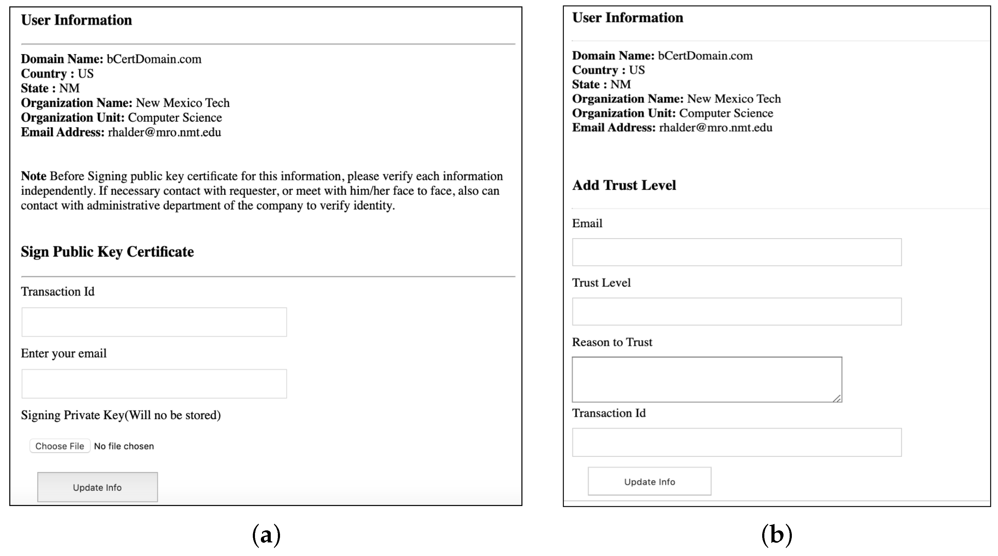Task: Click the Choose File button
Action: click(60, 446)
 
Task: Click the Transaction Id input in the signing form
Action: click(154, 322)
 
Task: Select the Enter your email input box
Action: click(154, 384)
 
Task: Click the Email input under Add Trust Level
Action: click(737, 252)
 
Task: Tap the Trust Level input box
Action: click(737, 312)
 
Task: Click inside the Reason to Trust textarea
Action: click(707, 379)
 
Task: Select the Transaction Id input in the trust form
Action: click(737, 442)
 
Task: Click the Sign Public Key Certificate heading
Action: click(107, 252)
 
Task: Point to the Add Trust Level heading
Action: click(624, 185)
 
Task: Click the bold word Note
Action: click(34, 176)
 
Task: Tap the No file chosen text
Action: click(124, 446)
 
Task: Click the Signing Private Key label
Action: click(121, 415)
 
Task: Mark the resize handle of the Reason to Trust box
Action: click(837, 398)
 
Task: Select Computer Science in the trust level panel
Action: click(726, 113)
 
